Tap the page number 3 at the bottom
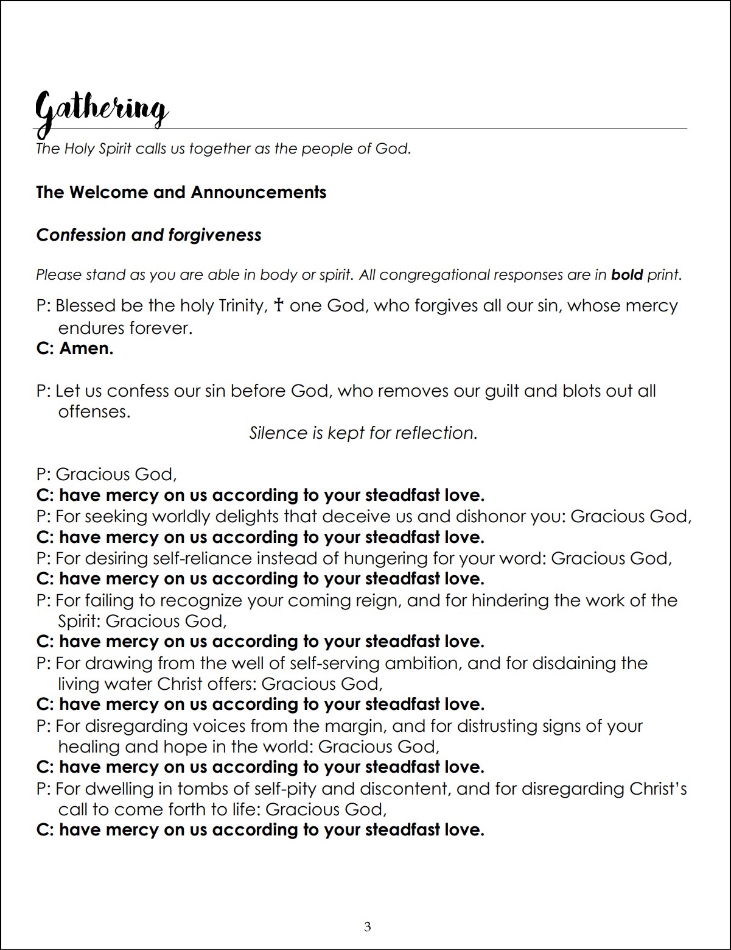click(x=367, y=927)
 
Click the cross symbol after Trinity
click(x=279, y=305)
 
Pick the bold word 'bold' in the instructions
click(x=627, y=275)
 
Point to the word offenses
click(x=94, y=411)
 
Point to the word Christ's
click(x=658, y=789)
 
